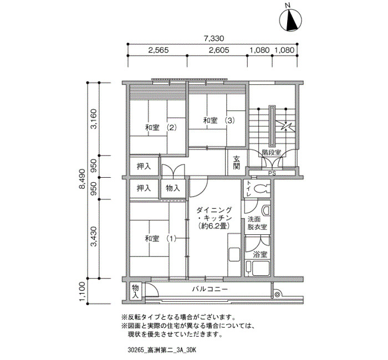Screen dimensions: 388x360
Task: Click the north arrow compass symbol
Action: click(290, 20)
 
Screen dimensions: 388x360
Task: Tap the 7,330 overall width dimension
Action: click(214, 38)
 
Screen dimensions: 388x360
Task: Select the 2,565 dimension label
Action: click(159, 50)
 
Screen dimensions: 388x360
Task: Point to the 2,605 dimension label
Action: click(219, 50)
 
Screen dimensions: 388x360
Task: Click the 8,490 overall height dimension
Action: click(82, 179)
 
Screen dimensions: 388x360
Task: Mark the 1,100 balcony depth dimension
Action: click(82, 292)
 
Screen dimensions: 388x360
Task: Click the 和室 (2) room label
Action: click(161, 128)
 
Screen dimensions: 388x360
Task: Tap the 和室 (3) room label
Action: click(219, 121)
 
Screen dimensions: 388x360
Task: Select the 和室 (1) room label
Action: click(161, 239)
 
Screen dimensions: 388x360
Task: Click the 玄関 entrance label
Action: click(237, 162)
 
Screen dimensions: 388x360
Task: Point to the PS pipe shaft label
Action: click(272, 173)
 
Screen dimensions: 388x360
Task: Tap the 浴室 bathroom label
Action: click(260, 254)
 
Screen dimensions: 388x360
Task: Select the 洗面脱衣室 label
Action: click(257, 223)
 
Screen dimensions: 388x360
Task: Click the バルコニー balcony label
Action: click(210, 289)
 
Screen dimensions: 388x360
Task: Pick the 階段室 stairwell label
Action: click(272, 152)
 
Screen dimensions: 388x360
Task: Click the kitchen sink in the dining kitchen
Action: click(234, 254)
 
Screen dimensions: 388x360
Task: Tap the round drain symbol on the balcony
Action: click(277, 294)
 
